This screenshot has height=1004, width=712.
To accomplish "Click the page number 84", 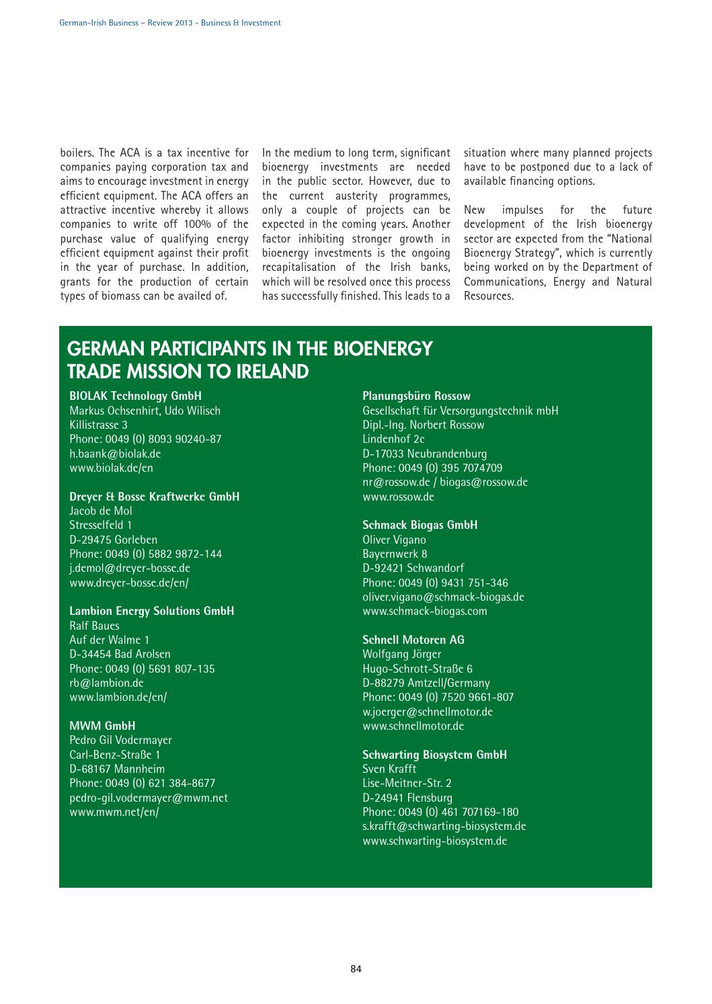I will point(356,968).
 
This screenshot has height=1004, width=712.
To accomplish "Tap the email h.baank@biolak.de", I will point(115,454).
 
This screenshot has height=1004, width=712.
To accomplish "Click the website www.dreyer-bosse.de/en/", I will point(129,583).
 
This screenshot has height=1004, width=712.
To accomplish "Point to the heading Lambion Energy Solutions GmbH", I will point(151,611).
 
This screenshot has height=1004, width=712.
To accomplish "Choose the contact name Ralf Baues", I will point(94,626).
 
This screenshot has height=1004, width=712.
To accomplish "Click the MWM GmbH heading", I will point(102,726).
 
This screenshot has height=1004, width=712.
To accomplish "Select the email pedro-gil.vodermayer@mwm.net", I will point(149,798).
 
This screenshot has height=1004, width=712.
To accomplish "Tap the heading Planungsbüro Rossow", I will point(416,396).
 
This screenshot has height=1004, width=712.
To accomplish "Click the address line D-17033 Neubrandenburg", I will point(424,454).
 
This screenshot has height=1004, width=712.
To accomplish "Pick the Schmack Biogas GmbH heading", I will point(420,525).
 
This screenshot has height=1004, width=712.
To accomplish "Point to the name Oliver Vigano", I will point(394,540).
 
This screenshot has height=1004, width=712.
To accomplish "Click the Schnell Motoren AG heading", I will point(413,640).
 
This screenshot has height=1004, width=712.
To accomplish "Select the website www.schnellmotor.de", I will point(413,726).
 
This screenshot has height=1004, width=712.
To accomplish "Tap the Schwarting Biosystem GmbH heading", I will point(434,755).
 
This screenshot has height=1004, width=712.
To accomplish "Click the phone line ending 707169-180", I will point(440,812).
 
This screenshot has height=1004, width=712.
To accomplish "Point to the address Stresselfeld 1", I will point(101,525).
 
